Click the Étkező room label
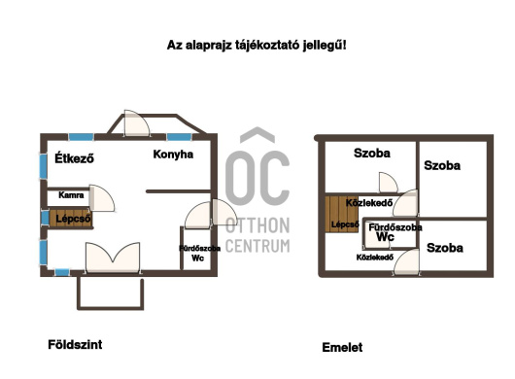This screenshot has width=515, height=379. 74,158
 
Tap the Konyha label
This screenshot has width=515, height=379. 173,155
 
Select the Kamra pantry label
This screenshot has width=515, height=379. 71,195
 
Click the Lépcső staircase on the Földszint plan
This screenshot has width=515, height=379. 71,218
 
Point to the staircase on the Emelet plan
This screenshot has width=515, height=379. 342,214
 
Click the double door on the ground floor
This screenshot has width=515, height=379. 113,258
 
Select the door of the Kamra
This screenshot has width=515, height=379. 102,197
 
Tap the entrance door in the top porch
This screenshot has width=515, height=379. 136,123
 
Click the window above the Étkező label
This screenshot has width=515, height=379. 81,137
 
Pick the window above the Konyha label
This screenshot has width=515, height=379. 179,137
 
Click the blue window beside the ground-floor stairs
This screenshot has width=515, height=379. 45,218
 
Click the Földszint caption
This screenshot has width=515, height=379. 75,344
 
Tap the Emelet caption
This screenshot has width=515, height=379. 342,347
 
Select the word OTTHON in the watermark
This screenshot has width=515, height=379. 257,225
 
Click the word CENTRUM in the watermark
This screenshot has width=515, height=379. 257,246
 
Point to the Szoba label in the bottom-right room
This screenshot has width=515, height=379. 445,248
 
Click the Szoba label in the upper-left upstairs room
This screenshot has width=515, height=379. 372,153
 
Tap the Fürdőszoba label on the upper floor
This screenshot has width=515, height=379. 395,227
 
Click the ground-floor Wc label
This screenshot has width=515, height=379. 197,258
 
